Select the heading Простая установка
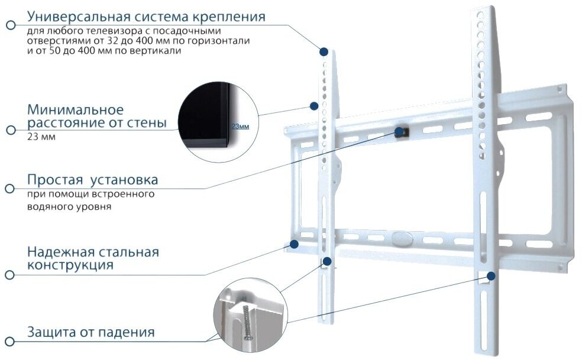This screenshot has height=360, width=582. [x=92, y=180]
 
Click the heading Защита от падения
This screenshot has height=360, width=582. [x=91, y=332]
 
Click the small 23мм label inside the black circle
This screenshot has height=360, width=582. [x=240, y=127]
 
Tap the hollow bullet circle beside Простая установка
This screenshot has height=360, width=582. [x=9, y=189]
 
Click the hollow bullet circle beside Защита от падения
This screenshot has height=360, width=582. [x=9, y=341]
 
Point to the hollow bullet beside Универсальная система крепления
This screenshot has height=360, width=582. [x=9, y=25]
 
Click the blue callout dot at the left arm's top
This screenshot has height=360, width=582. [x=324, y=51]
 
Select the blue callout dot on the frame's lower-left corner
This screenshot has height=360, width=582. [x=293, y=243]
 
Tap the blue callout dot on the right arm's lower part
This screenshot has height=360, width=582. [x=490, y=275]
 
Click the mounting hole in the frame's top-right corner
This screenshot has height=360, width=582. [x=559, y=89]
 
